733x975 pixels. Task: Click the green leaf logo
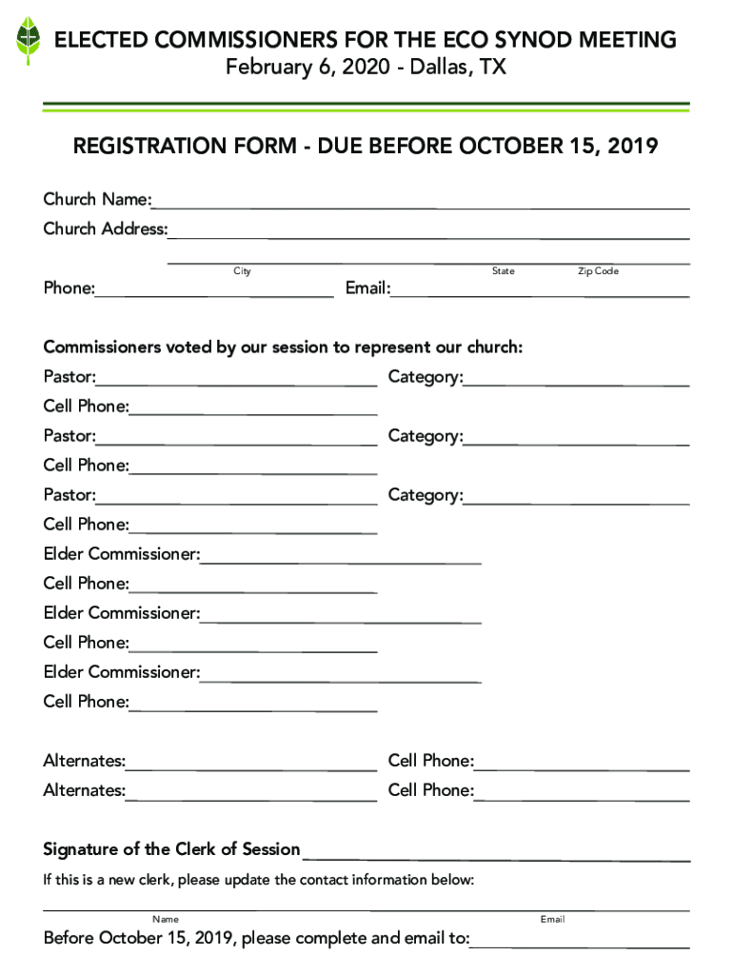point(29,40)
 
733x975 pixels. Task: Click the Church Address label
point(105,229)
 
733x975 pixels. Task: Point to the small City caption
point(243,271)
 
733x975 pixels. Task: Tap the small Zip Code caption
point(598,271)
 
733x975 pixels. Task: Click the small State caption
point(503,271)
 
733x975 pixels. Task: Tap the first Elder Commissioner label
point(121,554)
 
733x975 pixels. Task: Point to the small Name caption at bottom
point(166,919)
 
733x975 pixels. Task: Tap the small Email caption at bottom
point(552,919)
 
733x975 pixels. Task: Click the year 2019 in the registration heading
point(625,147)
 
